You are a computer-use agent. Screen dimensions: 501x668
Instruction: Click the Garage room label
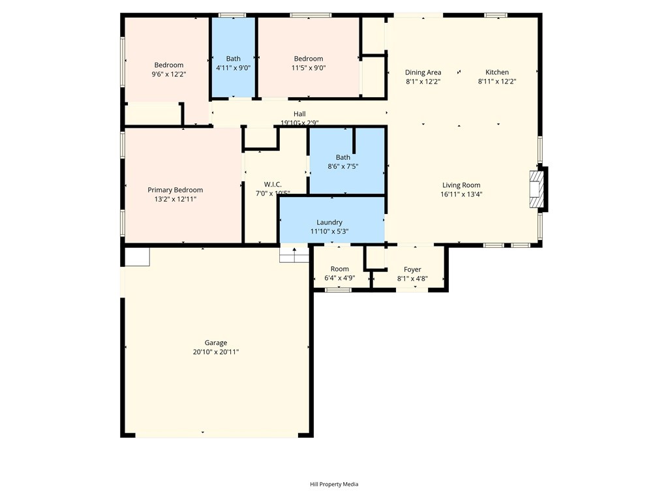(216, 342)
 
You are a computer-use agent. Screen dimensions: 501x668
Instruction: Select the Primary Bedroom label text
(175, 190)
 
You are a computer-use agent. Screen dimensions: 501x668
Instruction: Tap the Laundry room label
(329, 222)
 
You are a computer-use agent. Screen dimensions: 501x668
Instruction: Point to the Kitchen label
(497, 72)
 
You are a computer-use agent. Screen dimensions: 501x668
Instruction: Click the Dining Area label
(423, 72)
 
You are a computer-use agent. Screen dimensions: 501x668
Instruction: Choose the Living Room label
(461, 185)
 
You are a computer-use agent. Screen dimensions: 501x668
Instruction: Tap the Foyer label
(412, 269)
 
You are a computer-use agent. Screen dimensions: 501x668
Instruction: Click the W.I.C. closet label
(273, 184)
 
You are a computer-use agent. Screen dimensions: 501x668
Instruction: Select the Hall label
(299, 114)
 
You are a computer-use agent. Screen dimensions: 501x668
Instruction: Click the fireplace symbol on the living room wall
(536, 190)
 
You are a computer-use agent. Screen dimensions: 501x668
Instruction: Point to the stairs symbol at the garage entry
(294, 254)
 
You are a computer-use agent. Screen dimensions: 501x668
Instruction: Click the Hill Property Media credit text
(334, 484)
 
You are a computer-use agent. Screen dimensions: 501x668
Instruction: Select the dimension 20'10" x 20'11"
(216, 352)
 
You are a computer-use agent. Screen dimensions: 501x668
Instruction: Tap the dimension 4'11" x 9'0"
(233, 68)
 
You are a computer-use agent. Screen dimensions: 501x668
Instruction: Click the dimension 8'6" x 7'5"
(342, 166)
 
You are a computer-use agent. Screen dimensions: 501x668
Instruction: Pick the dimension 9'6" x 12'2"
(168, 74)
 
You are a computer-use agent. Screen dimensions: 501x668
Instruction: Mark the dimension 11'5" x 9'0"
(308, 68)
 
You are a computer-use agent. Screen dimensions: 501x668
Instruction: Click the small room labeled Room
(339, 269)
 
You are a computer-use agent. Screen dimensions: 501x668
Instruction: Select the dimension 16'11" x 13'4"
(461, 194)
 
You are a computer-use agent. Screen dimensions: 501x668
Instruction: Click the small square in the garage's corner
(137, 256)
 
